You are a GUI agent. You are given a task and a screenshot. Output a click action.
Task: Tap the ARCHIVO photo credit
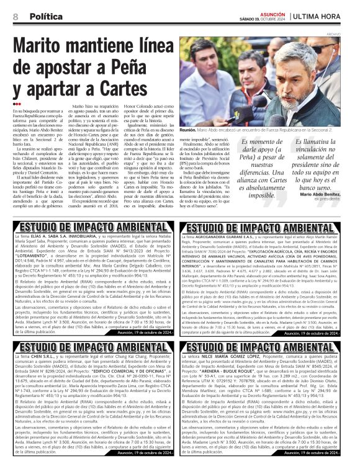click(x=351, y=34)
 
